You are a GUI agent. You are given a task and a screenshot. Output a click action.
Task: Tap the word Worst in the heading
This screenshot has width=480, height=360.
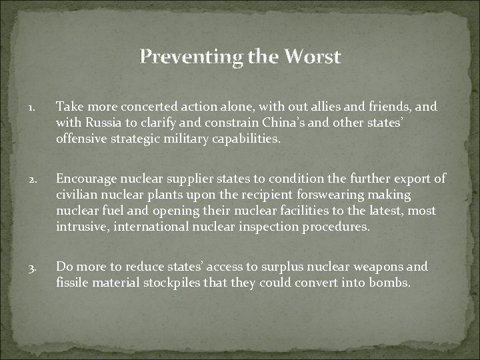313,57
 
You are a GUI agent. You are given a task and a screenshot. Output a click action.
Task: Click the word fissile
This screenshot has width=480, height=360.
72,282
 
